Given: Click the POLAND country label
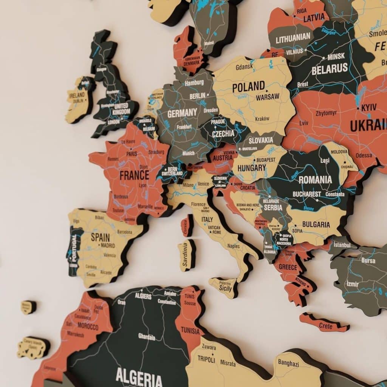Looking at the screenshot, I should click(x=248, y=87).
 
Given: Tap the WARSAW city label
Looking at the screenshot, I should click(x=268, y=97).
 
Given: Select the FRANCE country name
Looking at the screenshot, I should click(x=134, y=175).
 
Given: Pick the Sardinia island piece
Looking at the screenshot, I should click(x=186, y=255).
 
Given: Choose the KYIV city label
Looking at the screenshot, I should click(x=368, y=108).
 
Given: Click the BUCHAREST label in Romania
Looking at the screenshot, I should click(x=307, y=194).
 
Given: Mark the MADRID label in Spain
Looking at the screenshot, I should click(x=107, y=245).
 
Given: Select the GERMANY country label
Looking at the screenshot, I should click(x=182, y=113).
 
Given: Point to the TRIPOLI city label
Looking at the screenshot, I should click(x=206, y=360).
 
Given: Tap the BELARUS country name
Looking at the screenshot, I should click(x=330, y=69).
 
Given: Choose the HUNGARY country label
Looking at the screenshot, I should click(x=252, y=167).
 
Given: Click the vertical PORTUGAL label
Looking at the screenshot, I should click(x=74, y=248).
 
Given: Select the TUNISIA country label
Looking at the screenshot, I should click(x=190, y=331).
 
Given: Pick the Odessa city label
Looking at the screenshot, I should click(x=364, y=155).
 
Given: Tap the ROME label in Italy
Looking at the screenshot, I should click(x=217, y=232).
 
